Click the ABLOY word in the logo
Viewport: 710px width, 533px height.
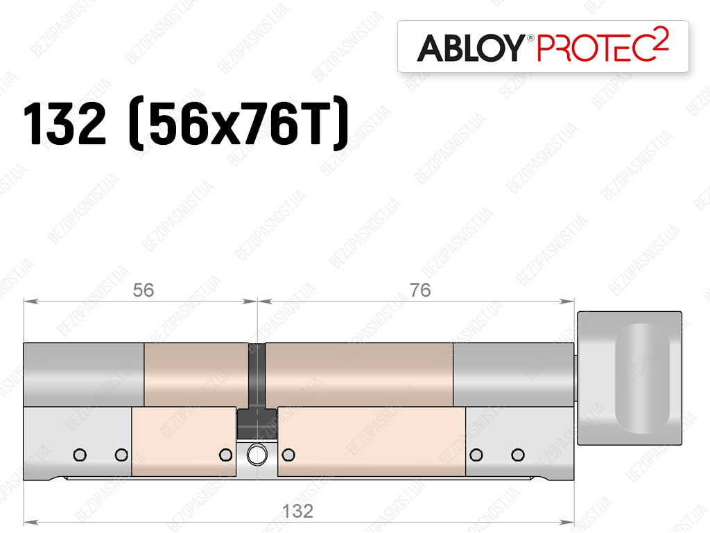point(471,48)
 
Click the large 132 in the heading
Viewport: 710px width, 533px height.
point(64,123)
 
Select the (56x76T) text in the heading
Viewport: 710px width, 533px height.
point(239,123)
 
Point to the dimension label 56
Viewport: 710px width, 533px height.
point(143,290)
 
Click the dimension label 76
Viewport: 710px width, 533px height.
point(419,290)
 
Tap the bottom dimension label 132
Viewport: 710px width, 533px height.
point(297,512)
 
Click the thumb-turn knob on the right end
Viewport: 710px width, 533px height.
point(630,378)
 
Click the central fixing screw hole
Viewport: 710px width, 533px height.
point(257,455)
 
